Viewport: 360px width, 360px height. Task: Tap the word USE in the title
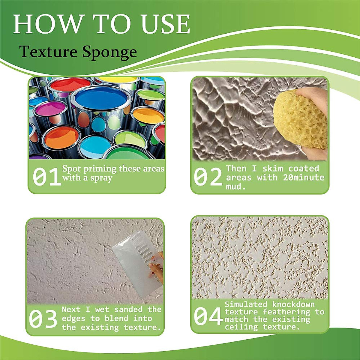(x=166, y=24)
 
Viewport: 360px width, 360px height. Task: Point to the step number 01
(x=46, y=177)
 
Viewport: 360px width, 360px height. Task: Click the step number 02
(x=208, y=177)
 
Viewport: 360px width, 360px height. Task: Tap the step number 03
(x=43, y=319)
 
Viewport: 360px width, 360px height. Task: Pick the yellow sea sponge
(x=300, y=121)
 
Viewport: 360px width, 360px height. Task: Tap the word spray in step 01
(x=101, y=178)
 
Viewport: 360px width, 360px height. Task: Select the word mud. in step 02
(x=236, y=187)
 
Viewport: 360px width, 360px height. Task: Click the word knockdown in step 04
(x=293, y=304)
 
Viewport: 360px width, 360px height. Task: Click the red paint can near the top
(x=70, y=85)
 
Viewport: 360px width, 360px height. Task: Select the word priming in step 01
(x=100, y=169)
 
